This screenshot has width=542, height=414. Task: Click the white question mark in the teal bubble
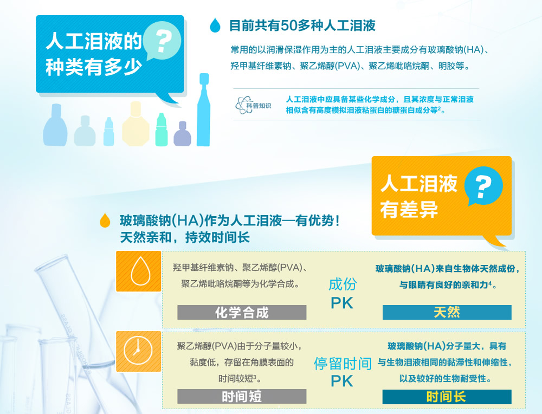[163, 41]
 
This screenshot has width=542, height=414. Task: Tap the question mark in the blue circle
[483, 186]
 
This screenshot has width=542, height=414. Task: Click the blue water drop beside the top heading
[215, 25]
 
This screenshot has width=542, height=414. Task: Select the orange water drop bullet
[105, 220]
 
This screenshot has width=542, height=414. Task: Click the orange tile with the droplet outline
[139, 271]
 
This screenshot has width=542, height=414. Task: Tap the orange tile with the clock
[139, 351]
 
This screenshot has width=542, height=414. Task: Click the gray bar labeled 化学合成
[242, 313]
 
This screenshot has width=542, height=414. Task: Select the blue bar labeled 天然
[447, 313]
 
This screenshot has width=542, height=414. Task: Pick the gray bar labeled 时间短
[242, 396]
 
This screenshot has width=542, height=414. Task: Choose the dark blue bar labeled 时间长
[447, 397]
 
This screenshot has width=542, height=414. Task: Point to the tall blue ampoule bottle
[203, 110]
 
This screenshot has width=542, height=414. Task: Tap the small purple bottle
[182, 134]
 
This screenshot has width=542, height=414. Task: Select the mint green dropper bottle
[162, 130]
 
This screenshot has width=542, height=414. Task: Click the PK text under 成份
[342, 303]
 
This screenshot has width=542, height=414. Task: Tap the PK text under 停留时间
[342, 381]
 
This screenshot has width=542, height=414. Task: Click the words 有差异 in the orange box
[409, 209]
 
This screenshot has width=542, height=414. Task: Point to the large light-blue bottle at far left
[55, 125]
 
